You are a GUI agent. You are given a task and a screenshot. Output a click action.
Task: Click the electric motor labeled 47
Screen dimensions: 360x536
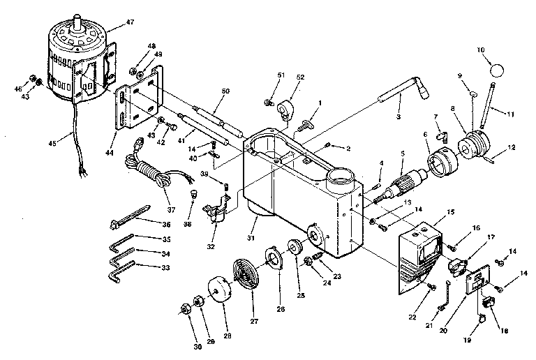coord(79,59)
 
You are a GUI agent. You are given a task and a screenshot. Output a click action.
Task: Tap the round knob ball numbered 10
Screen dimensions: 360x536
coord(496,69)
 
